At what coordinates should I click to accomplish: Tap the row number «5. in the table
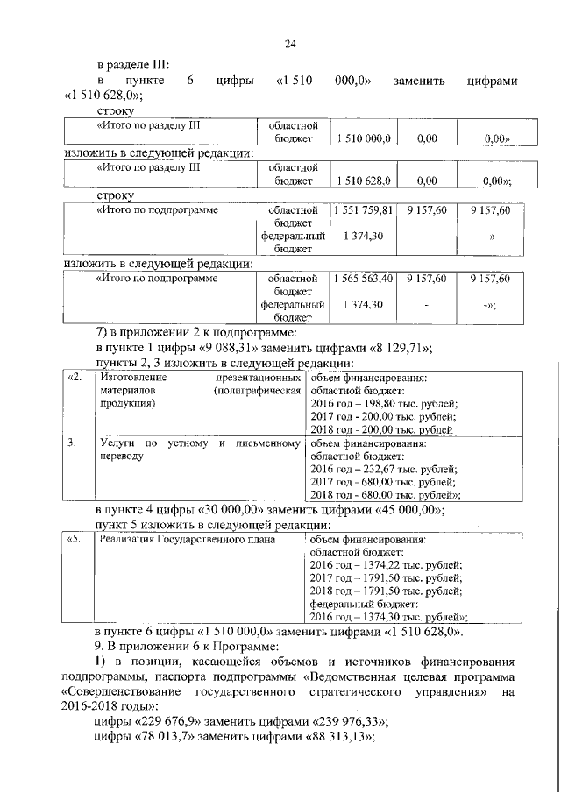76,539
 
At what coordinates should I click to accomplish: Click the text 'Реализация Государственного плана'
188,539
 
